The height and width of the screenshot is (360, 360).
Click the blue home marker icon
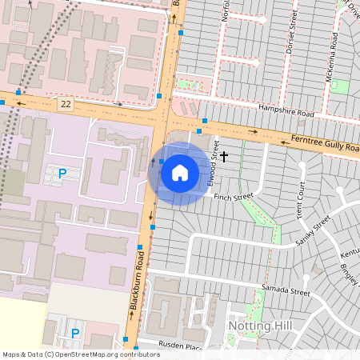click(x=180, y=172)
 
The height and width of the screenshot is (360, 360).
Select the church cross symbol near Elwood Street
click(x=224, y=155)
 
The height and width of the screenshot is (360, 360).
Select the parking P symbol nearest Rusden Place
click(x=76, y=333)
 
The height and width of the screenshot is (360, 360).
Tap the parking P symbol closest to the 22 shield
click(x=62, y=173)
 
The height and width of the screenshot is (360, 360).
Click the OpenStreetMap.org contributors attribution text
click(x=104, y=354)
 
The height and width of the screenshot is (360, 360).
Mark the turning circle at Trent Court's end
click(x=302, y=166)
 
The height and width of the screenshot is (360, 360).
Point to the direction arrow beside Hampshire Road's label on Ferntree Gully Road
click(x=254, y=130)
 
